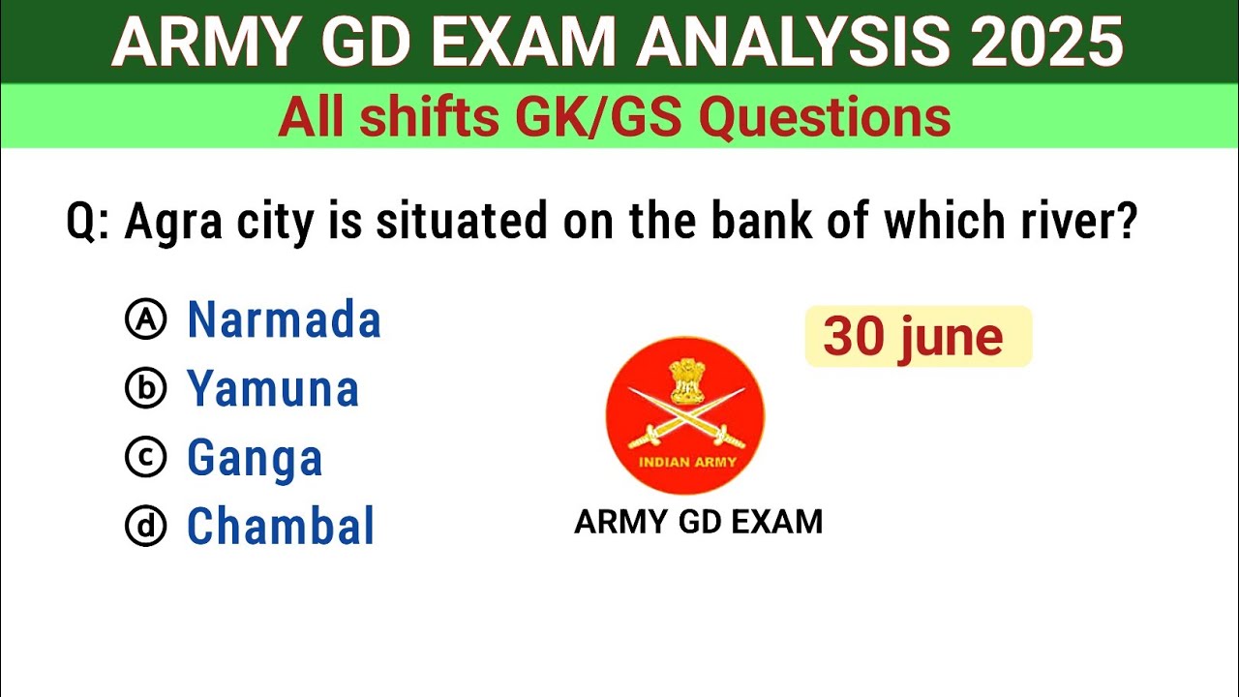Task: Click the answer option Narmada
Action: click(284, 320)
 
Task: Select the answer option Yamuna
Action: click(273, 389)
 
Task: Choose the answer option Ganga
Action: click(255, 458)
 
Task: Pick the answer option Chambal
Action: click(281, 527)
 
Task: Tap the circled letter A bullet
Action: click(146, 320)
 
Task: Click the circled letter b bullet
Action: click(146, 389)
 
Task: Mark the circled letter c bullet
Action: click(146, 458)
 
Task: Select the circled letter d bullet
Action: click(146, 527)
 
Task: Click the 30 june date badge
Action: click(917, 337)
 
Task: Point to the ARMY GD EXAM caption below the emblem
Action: click(698, 522)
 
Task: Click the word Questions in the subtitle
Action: click(825, 118)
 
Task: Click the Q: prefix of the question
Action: click(89, 224)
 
